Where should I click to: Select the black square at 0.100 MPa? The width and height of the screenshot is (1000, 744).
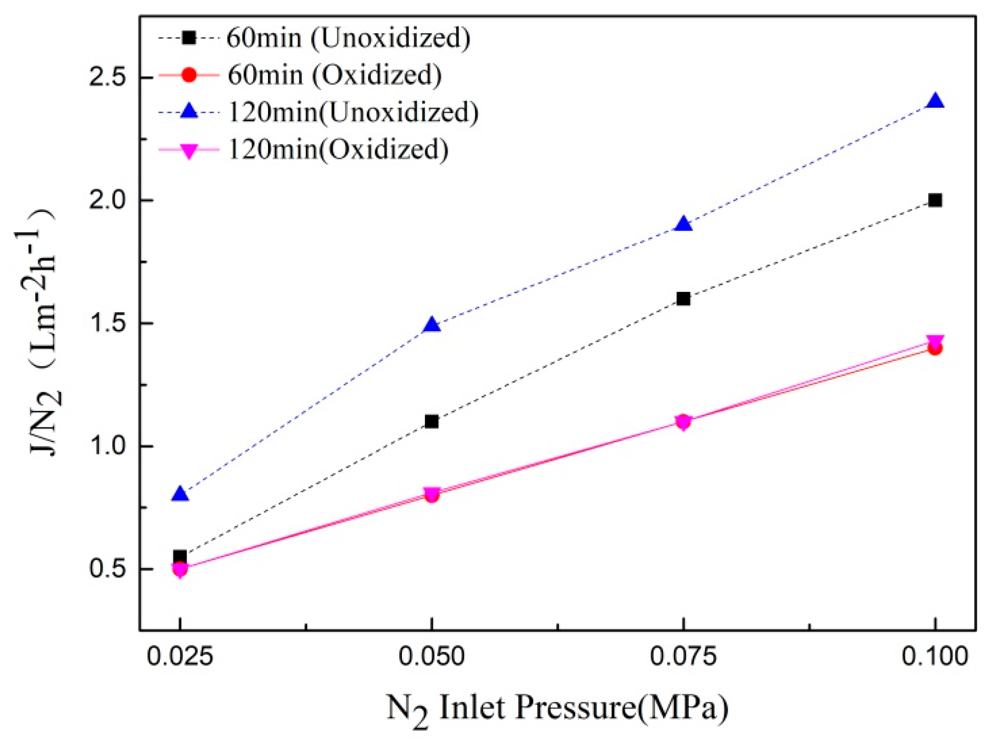pyautogui.click(x=935, y=201)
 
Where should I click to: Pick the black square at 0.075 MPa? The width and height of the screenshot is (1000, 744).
pyautogui.click(x=683, y=299)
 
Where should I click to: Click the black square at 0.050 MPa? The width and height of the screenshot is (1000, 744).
pyautogui.click(x=432, y=422)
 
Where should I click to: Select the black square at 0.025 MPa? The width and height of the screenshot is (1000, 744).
pyautogui.click(x=180, y=556)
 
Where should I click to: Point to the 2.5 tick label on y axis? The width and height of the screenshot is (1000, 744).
pyautogui.click(x=107, y=78)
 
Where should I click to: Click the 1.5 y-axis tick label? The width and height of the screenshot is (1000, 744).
pyautogui.click(x=107, y=324)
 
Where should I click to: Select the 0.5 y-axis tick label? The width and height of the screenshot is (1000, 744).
pyautogui.click(x=107, y=569)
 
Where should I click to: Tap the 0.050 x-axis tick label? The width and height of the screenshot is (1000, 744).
pyautogui.click(x=432, y=656)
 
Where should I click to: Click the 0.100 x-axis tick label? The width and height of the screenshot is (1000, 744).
pyautogui.click(x=935, y=656)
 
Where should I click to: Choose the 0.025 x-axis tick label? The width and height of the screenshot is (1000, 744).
pyautogui.click(x=180, y=656)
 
